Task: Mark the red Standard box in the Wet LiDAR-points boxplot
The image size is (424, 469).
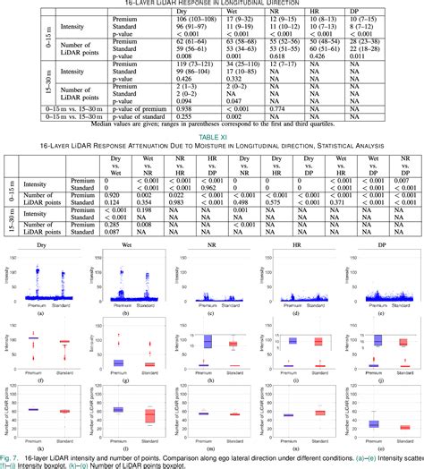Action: [x=150, y=416]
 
